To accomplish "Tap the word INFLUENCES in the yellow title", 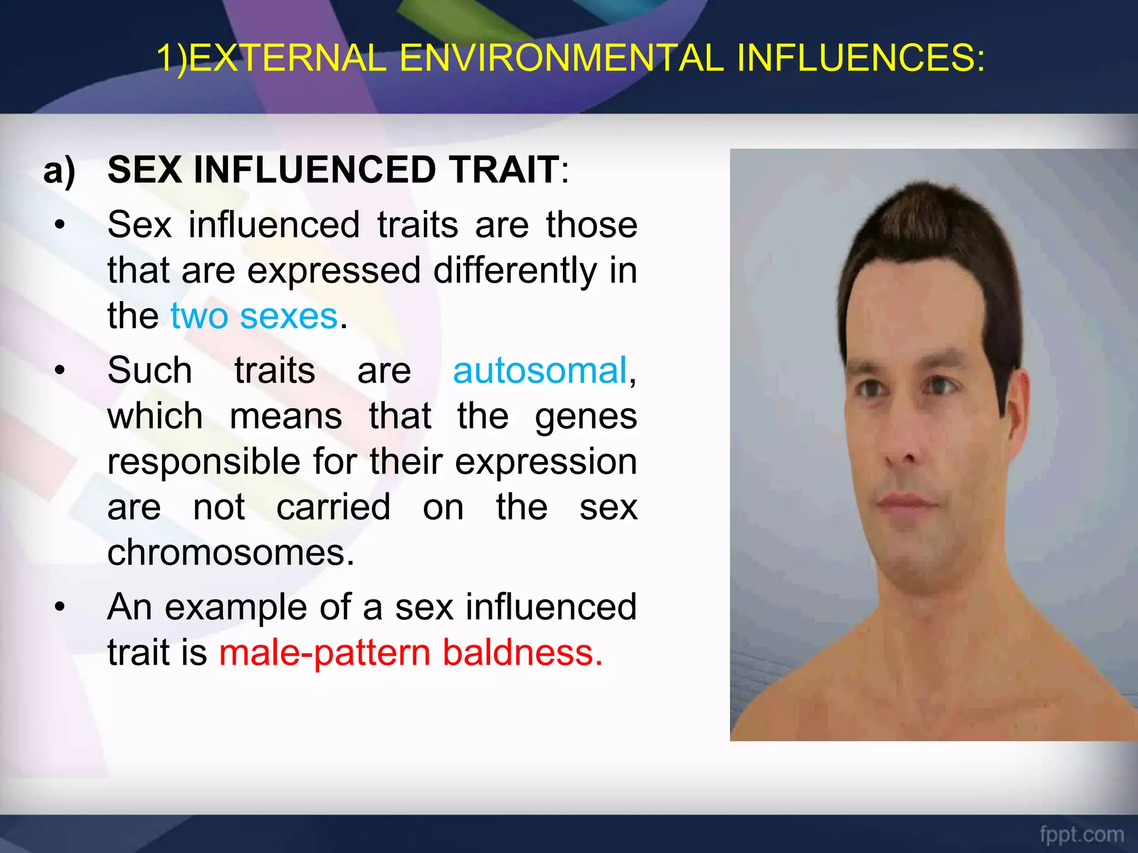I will pyautogui.click(x=860, y=58).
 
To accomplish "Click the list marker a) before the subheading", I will pyautogui.click(x=59, y=170).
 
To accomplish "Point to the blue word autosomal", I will pyautogui.click(x=540, y=370).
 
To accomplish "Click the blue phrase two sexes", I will pyautogui.click(x=254, y=316).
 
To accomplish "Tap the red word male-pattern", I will pyautogui.click(x=325, y=653).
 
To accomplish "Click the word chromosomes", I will pyautogui.click(x=231, y=553).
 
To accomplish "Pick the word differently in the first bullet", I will pyautogui.click(x=514, y=271).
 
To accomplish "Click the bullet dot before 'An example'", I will pyautogui.click(x=60, y=607).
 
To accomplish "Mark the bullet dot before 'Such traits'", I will pyautogui.click(x=60, y=370).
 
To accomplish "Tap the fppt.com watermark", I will pyautogui.click(x=1081, y=835).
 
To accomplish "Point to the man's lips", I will pyautogui.click(x=906, y=503).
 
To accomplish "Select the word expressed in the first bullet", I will pyautogui.click(x=333, y=271).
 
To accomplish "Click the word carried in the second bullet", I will pyautogui.click(x=333, y=508).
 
